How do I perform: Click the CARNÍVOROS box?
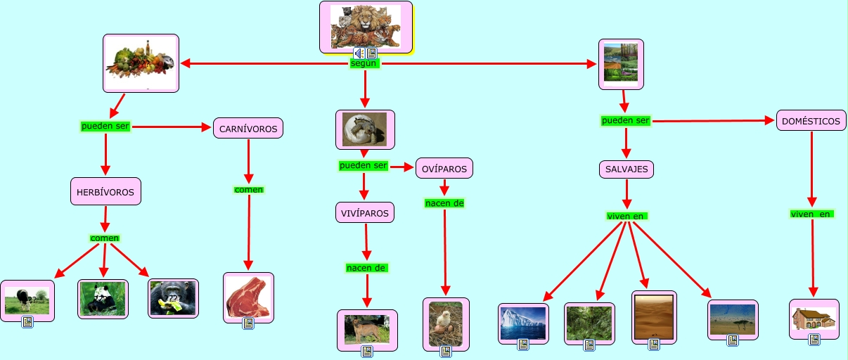coord(248,128)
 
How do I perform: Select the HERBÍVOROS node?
coord(106,191)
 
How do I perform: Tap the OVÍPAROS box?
coord(444,169)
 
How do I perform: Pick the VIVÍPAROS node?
coord(364,212)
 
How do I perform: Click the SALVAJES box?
coord(627,169)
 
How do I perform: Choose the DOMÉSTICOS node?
coord(811,121)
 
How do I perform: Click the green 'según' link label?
coord(364,64)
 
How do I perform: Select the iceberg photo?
coord(523,322)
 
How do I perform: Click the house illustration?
coord(814,318)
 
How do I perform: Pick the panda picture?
coord(103,299)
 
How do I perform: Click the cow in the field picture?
coord(27,300)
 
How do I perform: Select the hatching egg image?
coord(364,129)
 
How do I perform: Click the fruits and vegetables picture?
coord(141,62)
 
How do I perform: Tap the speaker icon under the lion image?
coord(359,53)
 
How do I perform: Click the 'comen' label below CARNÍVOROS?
coord(248,190)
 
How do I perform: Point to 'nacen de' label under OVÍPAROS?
coord(444,204)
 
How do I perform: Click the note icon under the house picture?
coord(814,340)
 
